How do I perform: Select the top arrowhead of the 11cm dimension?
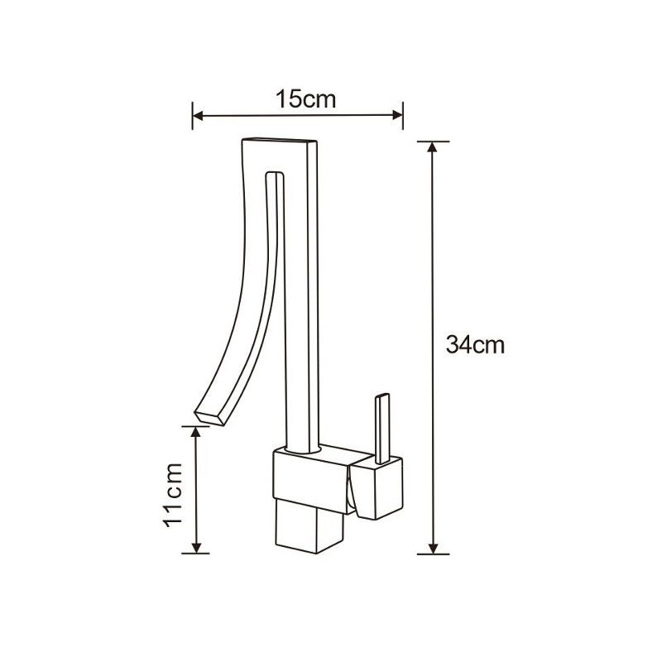coord(196,432)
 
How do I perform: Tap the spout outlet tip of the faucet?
coord(209,417)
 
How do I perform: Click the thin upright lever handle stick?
coord(383,426)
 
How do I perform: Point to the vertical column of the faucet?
coord(300,331)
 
